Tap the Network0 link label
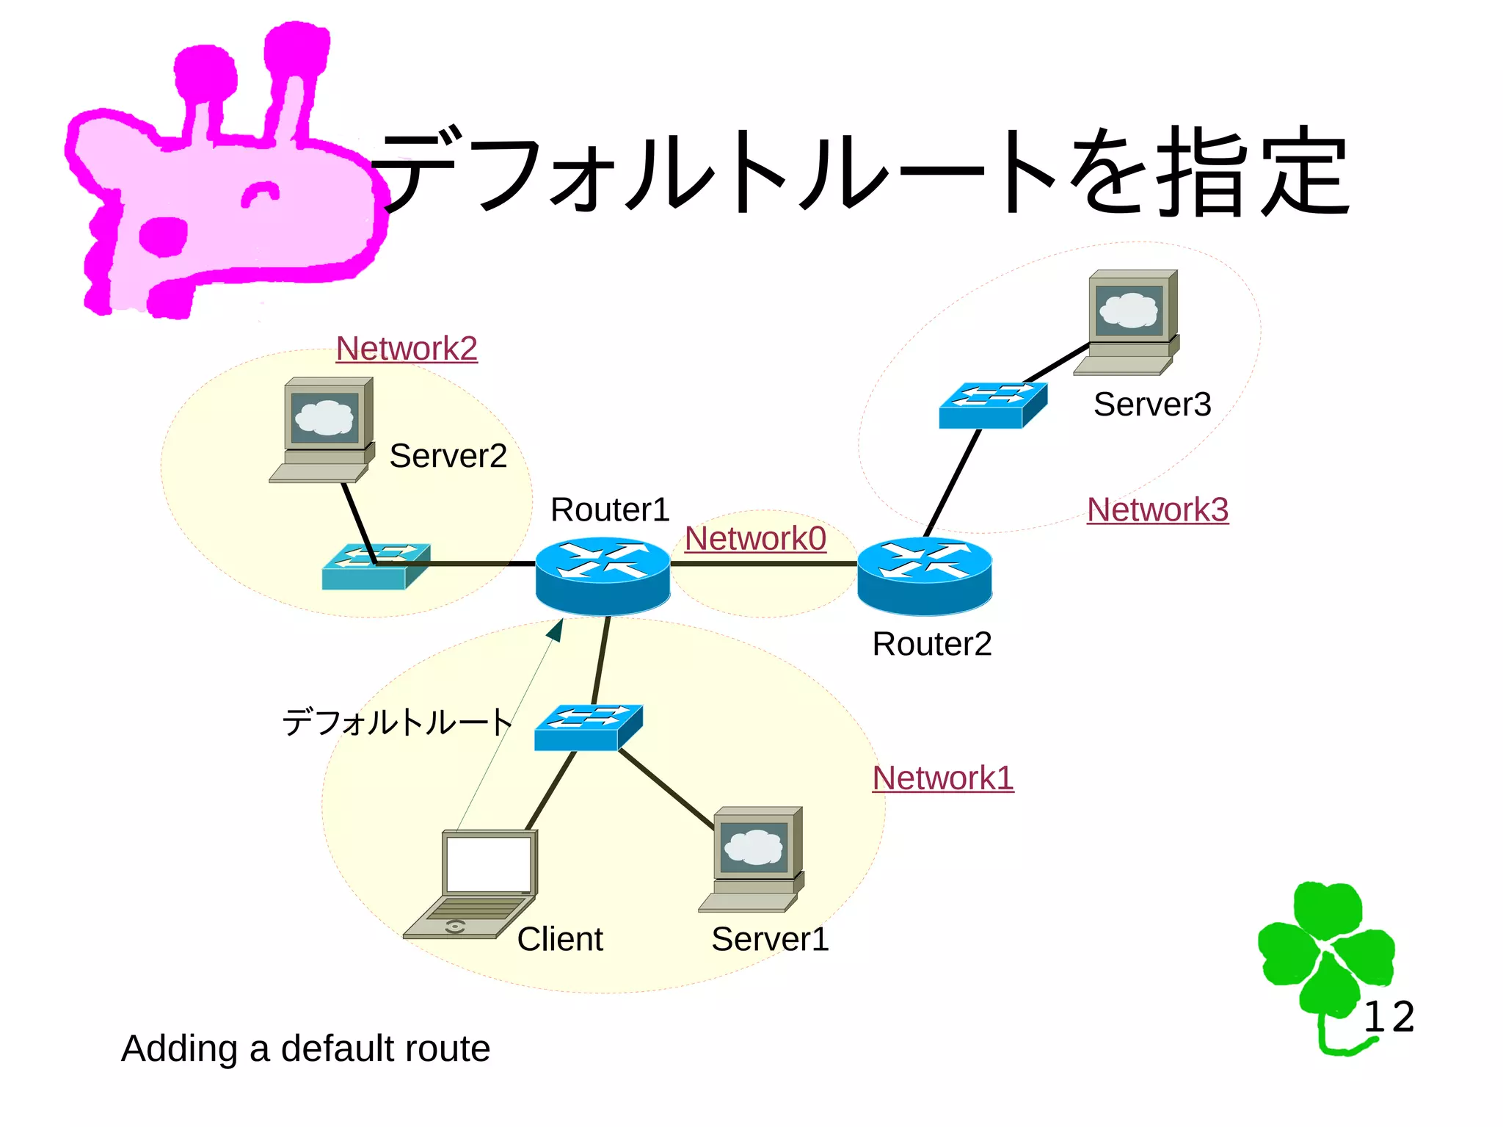(755, 539)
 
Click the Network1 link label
(942, 778)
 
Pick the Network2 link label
(407, 349)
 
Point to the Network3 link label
(1157, 510)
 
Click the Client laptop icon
(473, 884)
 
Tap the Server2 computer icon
(324, 430)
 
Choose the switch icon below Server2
(375, 566)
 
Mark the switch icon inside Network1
(588, 727)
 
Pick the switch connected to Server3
(992, 405)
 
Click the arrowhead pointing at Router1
(556, 630)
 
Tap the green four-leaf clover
(1325, 954)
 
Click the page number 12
(1389, 1018)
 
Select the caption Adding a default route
(305, 1048)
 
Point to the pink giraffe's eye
(260, 194)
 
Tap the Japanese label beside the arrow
(397, 722)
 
